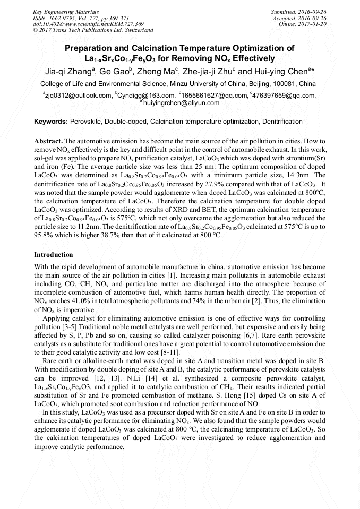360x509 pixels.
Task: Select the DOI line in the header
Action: [88, 24]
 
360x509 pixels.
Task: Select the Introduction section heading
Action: [54, 255]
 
